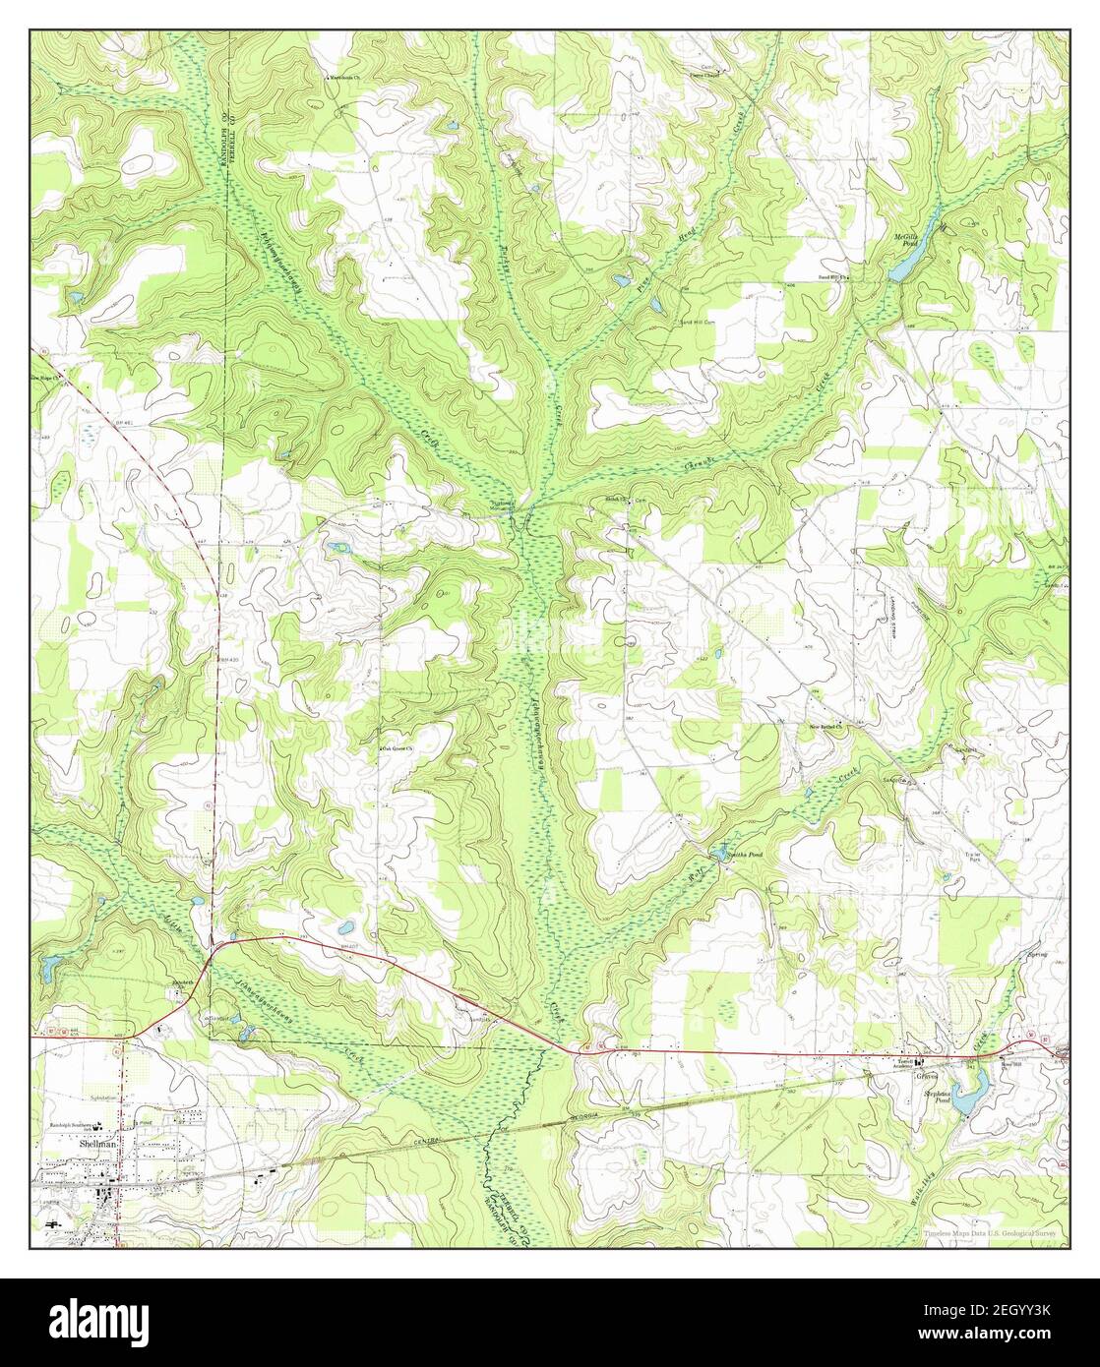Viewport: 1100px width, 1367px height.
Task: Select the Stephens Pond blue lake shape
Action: [x=971, y=1095]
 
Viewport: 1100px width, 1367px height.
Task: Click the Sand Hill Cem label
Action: [x=694, y=322]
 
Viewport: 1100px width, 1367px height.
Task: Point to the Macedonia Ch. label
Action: [x=350, y=76]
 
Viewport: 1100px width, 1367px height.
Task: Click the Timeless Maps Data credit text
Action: [x=994, y=1234]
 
